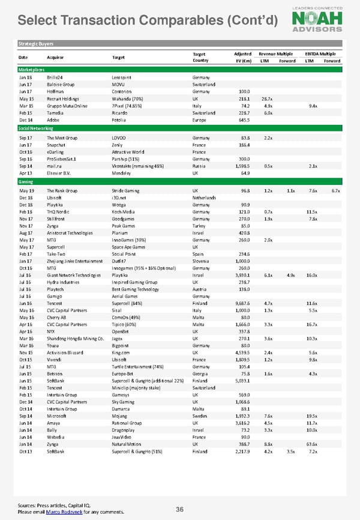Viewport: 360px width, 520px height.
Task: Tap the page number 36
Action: (179, 509)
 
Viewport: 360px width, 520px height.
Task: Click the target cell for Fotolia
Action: (121, 121)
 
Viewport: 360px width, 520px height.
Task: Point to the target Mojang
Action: (120, 416)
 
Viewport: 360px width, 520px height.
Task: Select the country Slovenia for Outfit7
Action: (202, 261)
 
